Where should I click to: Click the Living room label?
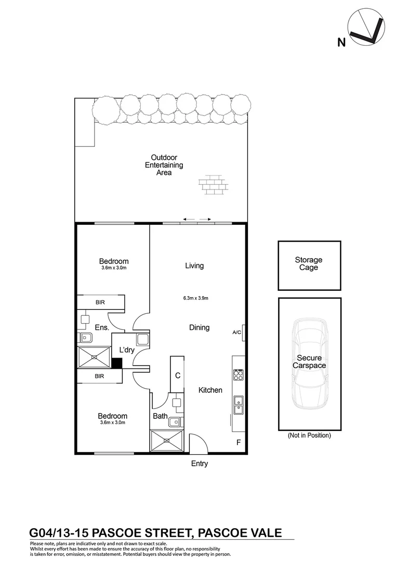click(194, 266)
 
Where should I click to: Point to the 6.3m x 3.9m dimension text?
click(195, 298)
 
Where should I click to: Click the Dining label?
click(199, 328)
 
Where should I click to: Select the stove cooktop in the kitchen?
click(239, 374)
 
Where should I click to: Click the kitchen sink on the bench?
click(239, 404)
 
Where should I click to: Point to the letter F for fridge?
click(239, 443)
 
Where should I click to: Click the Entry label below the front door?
click(200, 464)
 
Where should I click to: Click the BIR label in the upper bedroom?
click(100, 302)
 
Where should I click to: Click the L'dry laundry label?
click(127, 350)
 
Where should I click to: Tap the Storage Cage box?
click(309, 265)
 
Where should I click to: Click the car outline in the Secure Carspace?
click(309, 364)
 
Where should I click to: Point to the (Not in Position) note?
click(309, 436)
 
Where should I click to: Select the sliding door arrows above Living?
click(197, 219)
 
